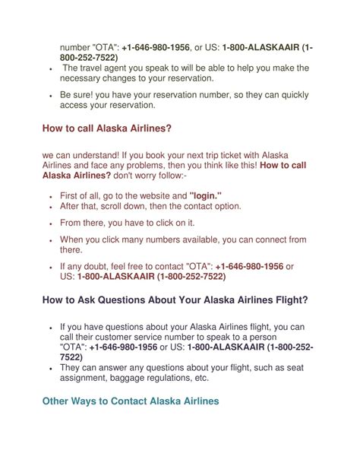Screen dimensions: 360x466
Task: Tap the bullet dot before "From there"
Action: [50, 223]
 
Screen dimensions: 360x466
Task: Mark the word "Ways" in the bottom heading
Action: [96, 401]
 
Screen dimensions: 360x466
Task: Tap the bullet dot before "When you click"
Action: [50, 239]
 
